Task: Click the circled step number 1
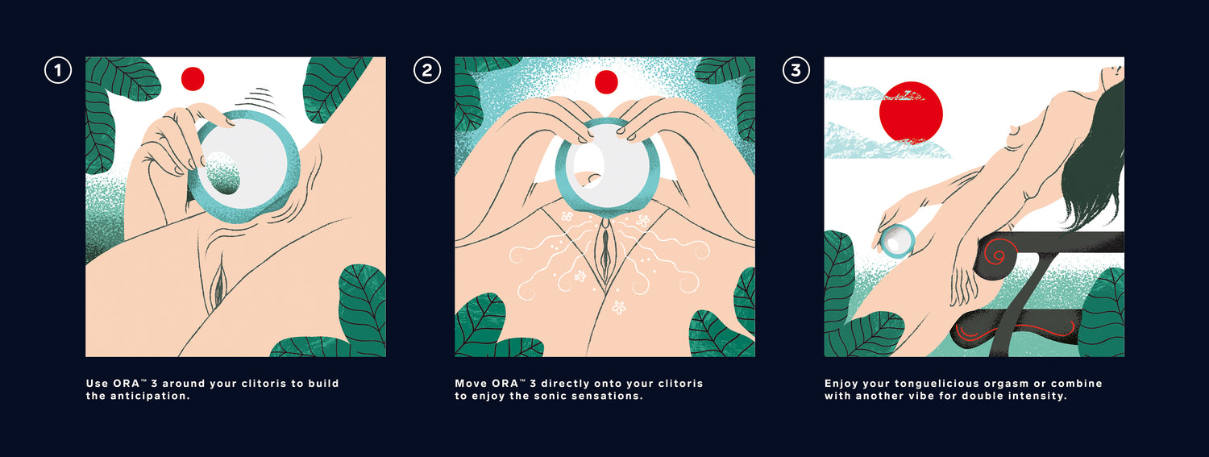tap(58, 70)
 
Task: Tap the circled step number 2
tap(427, 70)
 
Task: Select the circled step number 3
tap(796, 70)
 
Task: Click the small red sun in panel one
tap(193, 79)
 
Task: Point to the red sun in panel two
tap(606, 82)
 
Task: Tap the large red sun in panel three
tap(911, 114)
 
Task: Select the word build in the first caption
tap(323, 383)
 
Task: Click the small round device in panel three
tap(896, 241)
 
